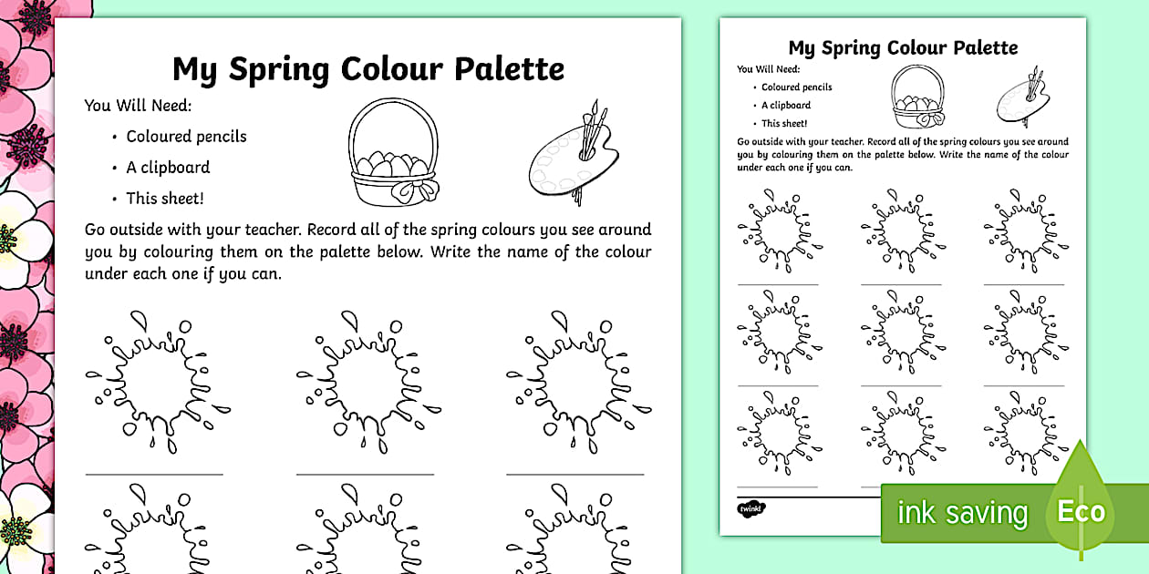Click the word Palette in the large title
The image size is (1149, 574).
point(506,69)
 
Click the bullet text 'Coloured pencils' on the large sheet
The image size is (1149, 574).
point(186,137)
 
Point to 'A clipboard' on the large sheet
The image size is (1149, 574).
point(168,168)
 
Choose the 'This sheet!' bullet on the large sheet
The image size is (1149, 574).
point(164,199)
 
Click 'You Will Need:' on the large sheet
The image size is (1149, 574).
point(138,106)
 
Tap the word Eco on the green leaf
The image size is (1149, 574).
point(1082,511)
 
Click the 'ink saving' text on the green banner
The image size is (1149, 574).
point(962,513)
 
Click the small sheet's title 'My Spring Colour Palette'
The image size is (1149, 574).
point(903,47)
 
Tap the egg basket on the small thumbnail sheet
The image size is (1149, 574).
point(917,101)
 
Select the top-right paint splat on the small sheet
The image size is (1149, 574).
point(1026,231)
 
